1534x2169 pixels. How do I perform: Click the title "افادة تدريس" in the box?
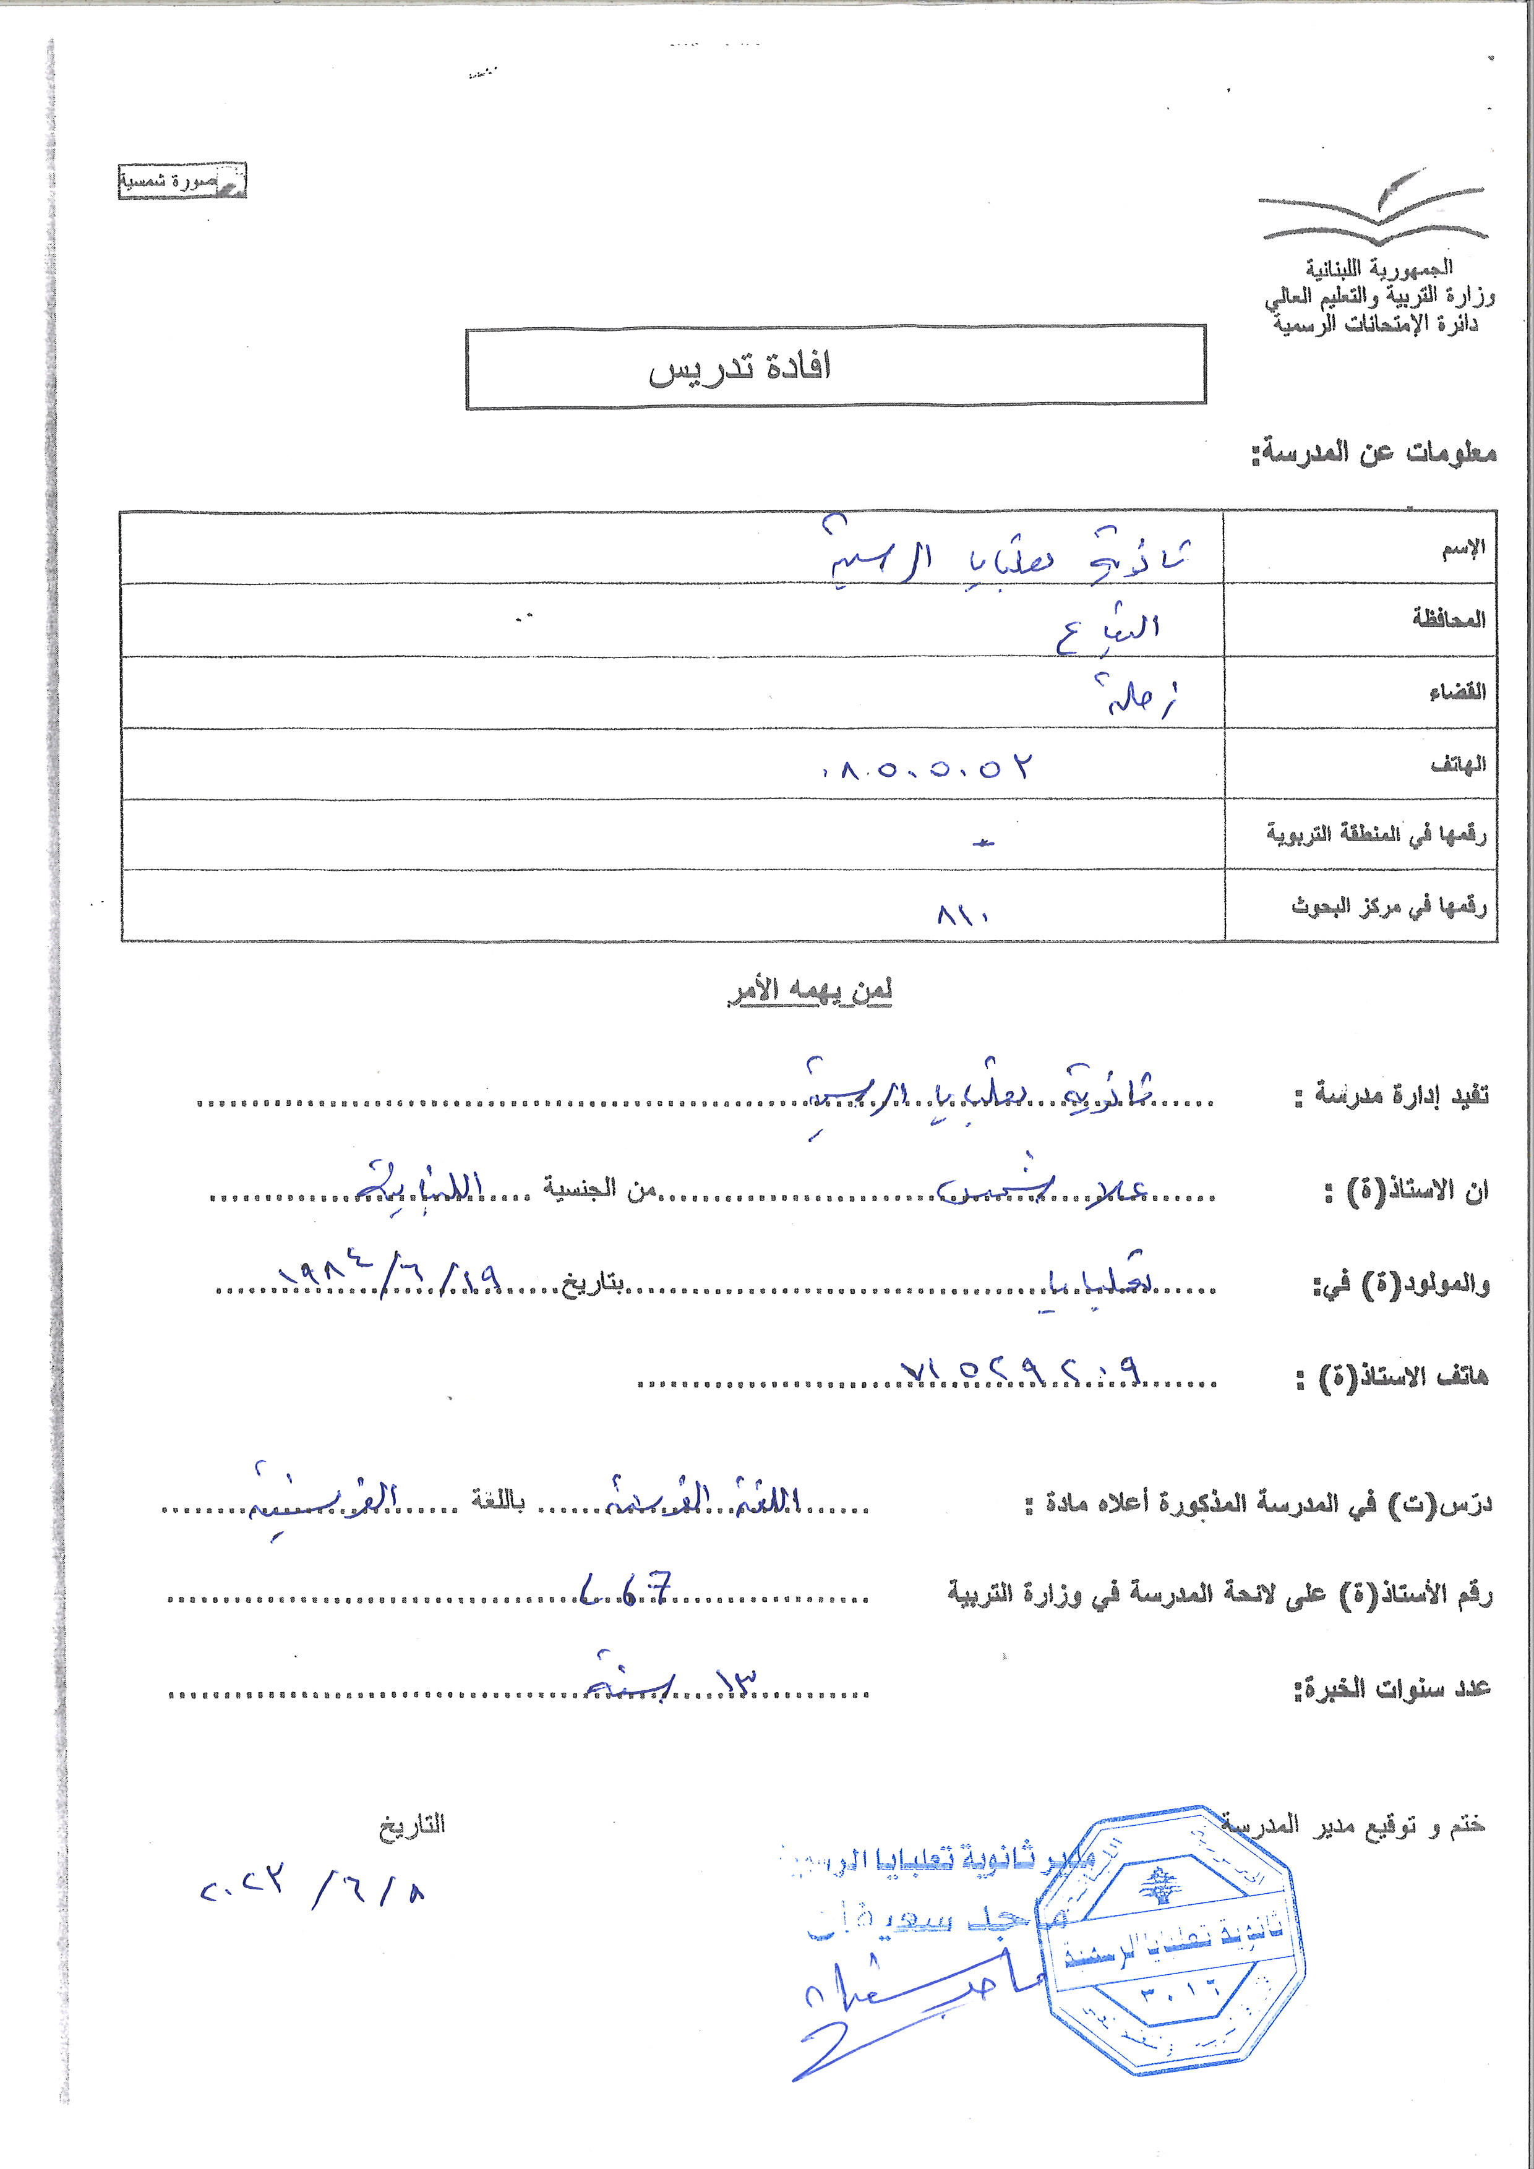pos(740,367)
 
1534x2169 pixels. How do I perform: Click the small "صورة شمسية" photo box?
pos(181,181)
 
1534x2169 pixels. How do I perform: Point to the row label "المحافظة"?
pos(1449,620)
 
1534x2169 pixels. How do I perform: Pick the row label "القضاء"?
pos(1457,693)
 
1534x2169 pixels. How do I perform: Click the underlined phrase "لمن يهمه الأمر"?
pos(810,991)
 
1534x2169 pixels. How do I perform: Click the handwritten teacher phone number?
pos(1020,1371)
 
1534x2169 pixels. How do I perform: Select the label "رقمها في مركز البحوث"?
pos(1389,907)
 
